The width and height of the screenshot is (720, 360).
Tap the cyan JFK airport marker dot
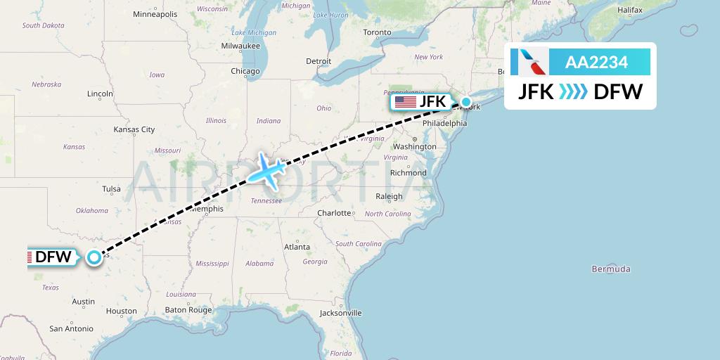click(x=465, y=102)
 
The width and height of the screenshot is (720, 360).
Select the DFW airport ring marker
click(x=94, y=257)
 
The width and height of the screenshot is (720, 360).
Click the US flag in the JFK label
click(x=406, y=102)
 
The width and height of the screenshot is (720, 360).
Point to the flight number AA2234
click(x=597, y=63)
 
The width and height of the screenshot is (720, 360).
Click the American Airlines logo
click(x=533, y=63)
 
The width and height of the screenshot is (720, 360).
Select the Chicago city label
click(x=245, y=71)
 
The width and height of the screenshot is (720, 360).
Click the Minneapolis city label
click(x=155, y=14)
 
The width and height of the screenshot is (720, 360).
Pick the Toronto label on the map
click(x=377, y=32)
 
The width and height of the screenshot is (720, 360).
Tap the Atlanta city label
click(x=297, y=247)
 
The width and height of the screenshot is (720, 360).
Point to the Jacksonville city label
click(x=340, y=313)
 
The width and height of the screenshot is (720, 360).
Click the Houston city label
click(x=122, y=311)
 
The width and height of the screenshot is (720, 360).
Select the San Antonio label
click(x=71, y=328)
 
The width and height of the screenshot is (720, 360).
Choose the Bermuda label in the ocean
click(x=611, y=269)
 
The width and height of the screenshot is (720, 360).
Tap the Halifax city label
click(x=630, y=10)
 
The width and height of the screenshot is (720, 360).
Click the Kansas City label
click(x=134, y=129)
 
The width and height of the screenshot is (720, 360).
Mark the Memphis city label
click(x=207, y=209)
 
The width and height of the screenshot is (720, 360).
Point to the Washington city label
click(x=415, y=146)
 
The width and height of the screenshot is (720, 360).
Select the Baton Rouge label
click(x=188, y=309)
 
